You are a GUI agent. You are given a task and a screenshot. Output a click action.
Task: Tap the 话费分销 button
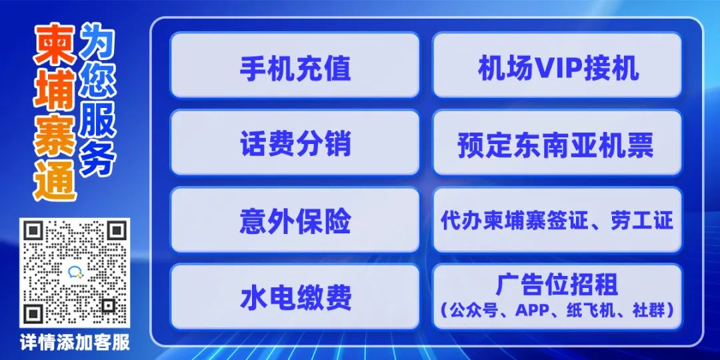[x=295, y=143]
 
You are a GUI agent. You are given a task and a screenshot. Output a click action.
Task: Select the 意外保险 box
[x=295, y=219]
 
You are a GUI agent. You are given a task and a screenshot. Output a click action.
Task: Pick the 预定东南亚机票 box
[x=557, y=143]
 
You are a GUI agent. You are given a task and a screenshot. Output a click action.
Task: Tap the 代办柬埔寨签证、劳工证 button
[x=557, y=219]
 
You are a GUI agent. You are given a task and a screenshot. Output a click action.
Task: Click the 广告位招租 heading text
[x=557, y=285]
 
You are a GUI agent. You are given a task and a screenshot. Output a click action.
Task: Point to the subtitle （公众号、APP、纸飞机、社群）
[x=557, y=310]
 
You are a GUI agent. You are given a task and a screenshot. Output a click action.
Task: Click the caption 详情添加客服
[x=75, y=343]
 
